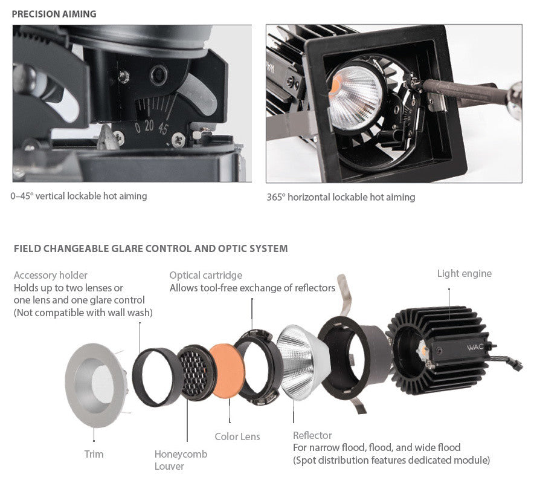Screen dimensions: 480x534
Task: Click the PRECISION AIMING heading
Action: point(54,14)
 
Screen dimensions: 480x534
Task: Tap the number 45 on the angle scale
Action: point(163,128)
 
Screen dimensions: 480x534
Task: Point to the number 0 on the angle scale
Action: point(138,128)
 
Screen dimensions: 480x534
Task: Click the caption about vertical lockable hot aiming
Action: point(79,196)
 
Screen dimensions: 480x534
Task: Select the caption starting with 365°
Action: point(341,197)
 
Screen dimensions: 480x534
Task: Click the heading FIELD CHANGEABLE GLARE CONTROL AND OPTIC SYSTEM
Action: point(150,248)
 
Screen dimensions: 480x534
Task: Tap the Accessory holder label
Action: point(51,275)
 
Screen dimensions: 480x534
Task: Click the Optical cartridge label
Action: point(205,275)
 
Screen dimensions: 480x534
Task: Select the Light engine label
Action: point(464,274)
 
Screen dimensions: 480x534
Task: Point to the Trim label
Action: point(94,453)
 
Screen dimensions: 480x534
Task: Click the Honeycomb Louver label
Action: point(181,459)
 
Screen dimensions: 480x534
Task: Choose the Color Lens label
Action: point(237,436)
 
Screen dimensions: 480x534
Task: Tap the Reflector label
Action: point(312,435)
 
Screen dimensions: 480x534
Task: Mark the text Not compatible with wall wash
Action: point(83,313)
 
